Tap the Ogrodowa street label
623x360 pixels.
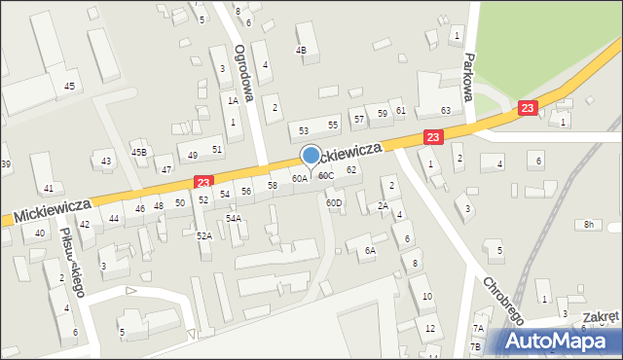pyautogui.click(x=244, y=72)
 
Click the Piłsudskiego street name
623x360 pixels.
pyautogui.click(x=72, y=260)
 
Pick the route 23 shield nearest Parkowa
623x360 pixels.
pyautogui.click(x=528, y=109)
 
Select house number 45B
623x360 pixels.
pyautogui.click(x=140, y=152)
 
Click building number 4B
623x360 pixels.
pyautogui.click(x=301, y=50)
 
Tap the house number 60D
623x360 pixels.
pyautogui.click(x=334, y=203)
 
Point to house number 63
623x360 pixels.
pyautogui.click(x=445, y=111)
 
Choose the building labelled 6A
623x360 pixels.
pyautogui.click(x=370, y=250)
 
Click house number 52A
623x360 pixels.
pyautogui.click(x=203, y=236)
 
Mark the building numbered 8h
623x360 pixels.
pyautogui.click(x=588, y=225)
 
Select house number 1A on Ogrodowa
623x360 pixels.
pyautogui.click(x=233, y=100)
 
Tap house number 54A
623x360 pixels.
pyautogui.click(x=233, y=219)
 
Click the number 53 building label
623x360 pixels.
pyautogui.click(x=304, y=130)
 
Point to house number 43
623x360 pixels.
pyautogui.click(x=106, y=160)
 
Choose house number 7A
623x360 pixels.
pyautogui.click(x=477, y=329)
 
